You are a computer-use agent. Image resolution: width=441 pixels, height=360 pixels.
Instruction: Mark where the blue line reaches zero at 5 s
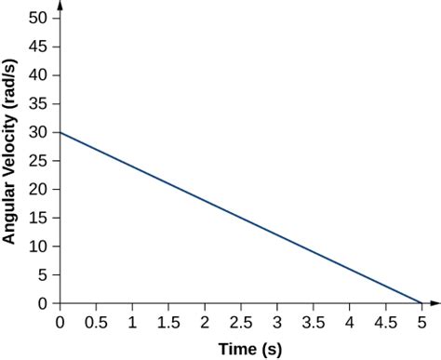tap(421, 303)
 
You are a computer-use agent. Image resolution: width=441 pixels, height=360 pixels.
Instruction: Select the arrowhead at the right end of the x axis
tap(435, 304)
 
